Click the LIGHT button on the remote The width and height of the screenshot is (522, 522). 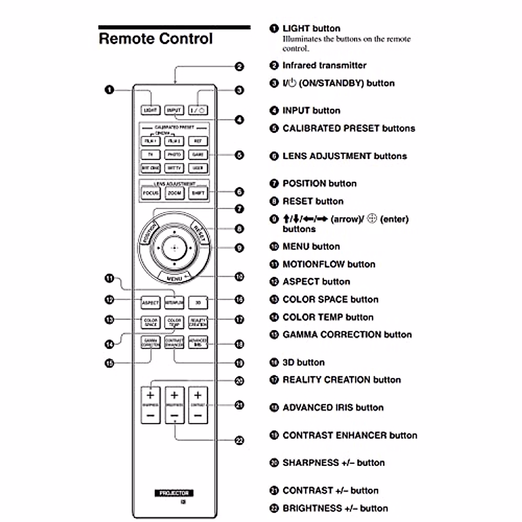(x=151, y=110)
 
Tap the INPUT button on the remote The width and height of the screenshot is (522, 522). (x=174, y=110)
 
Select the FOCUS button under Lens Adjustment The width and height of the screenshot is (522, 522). (x=151, y=193)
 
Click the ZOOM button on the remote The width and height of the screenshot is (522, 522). (x=174, y=193)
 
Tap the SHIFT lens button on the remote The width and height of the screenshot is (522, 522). (x=198, y=193)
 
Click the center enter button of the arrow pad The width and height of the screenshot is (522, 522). (x=174, y=248)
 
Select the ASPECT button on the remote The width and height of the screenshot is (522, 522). (x=151, y=302)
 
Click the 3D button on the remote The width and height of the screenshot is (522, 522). (x=198, y=302)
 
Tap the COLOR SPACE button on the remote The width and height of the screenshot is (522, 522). (x=151, y=322)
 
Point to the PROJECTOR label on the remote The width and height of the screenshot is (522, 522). (x=174, y=493)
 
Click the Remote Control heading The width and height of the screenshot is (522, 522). (x=156, y=39)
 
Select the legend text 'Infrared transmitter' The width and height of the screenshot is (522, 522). (x=324, y=65)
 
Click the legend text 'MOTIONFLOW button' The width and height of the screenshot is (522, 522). (x=328, y=264)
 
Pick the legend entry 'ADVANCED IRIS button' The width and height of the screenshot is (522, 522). (x=333, y=408)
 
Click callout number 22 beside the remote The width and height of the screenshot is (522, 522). (x=239, y=440)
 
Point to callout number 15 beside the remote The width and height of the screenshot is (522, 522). (x=109, y=363)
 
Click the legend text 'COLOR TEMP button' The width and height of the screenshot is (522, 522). (x=328, y=317)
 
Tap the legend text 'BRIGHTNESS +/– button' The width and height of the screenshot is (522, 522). (x=335, y=508)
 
